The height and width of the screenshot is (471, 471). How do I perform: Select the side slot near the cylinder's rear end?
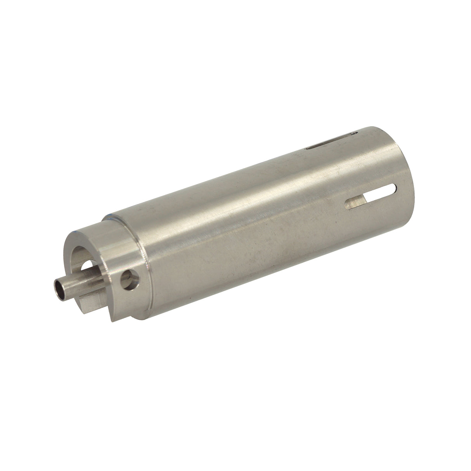[371, 197]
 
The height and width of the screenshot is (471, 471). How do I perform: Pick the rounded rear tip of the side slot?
[393, 189]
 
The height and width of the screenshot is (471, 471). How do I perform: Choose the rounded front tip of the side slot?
[348, 206]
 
